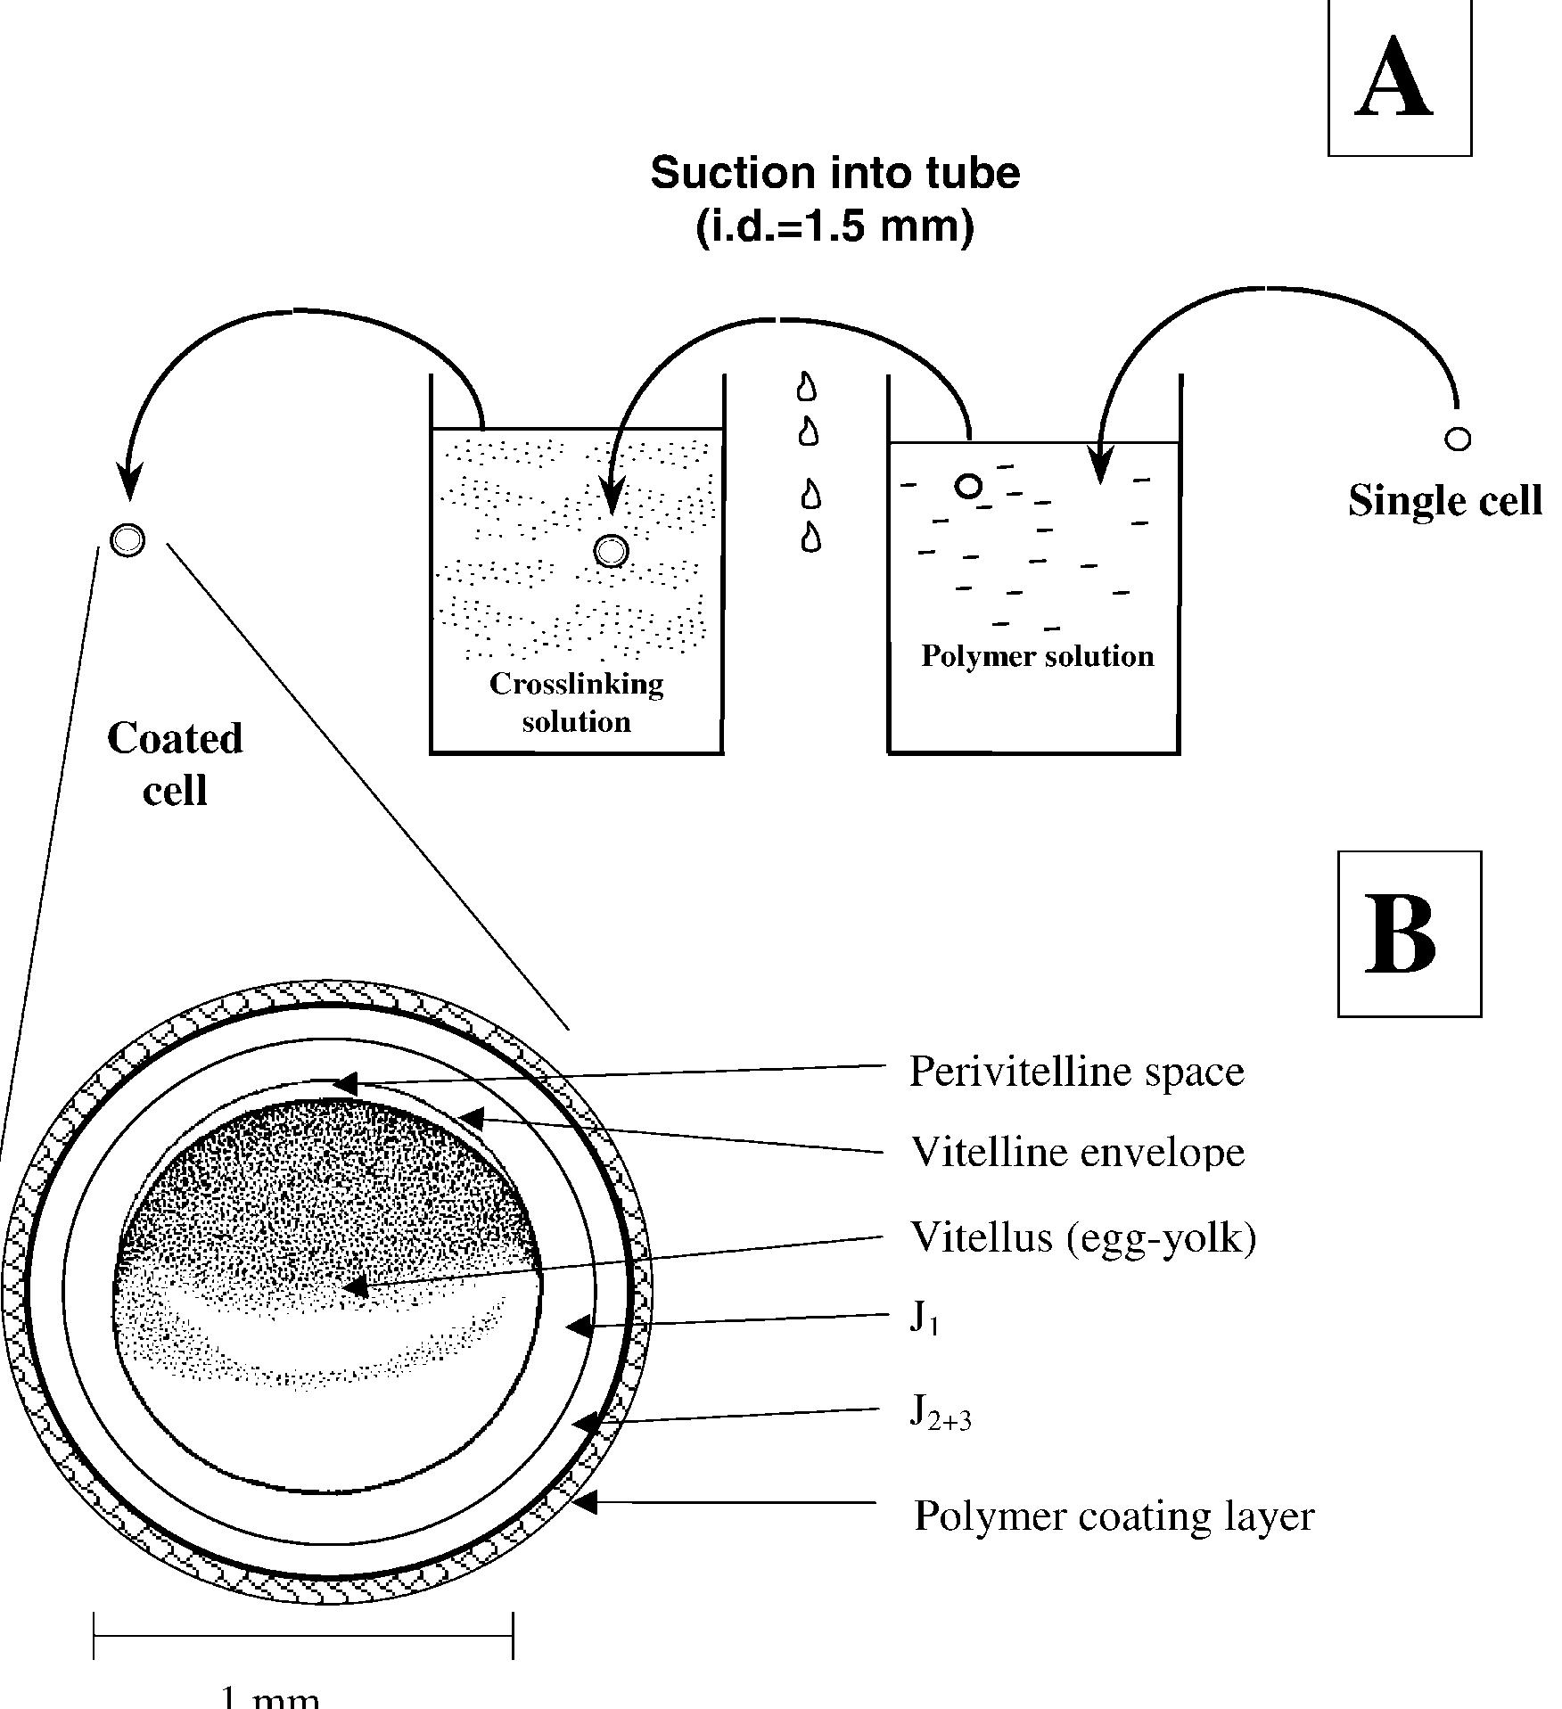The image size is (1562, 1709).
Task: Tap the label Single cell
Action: tap(1444, 501)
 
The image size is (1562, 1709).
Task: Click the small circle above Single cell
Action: tap(1458, 439)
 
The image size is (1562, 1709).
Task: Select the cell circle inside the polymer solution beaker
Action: tap(968, 486)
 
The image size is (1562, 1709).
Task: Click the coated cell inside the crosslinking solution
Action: tap(611, 552)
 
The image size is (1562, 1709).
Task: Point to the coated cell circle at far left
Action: tap(127, 539)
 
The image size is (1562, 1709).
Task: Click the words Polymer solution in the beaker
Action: tap(1037, 657)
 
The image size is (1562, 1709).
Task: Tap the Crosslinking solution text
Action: tap(577, 702)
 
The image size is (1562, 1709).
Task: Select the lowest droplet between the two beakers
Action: tap(810, 538)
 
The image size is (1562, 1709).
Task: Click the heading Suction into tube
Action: tap(834, 173)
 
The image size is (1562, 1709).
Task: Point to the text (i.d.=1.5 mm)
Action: tap(834, 226)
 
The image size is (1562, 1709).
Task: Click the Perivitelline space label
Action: tap(1075, 1071)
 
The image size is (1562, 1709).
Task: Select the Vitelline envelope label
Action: tap(1077, 1152)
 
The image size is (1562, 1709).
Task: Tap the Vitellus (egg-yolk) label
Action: tap(1082, 1237)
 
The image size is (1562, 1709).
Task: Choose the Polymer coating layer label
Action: tap(1114, 1516)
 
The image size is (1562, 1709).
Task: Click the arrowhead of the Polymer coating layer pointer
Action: tap(585, 1502)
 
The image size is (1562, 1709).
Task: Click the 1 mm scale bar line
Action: tap(303, 1636)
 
